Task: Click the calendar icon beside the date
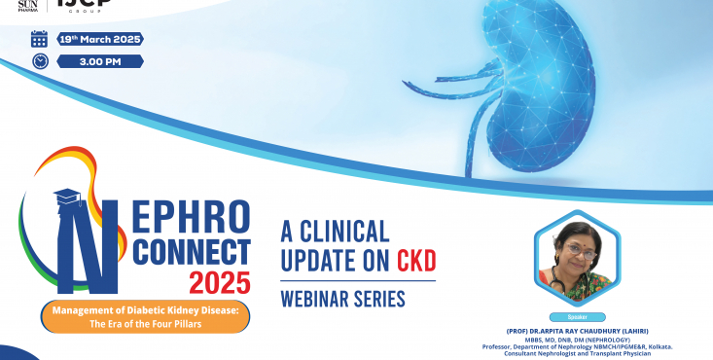click(x=39, y=39)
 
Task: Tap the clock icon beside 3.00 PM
click(x=39, y=60)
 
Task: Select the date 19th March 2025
click(x=100, y=39)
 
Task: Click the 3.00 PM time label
click(x=100, y=61)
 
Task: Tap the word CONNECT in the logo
click(x=191, y=252)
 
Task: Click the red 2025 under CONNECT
click(x=219, y=283)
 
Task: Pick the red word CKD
click(x=415, y=260)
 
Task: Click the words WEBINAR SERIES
click(x=342, y=298)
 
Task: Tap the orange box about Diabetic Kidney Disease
click(x=144, y=317)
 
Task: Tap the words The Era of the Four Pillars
click(x=144, y=324)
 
